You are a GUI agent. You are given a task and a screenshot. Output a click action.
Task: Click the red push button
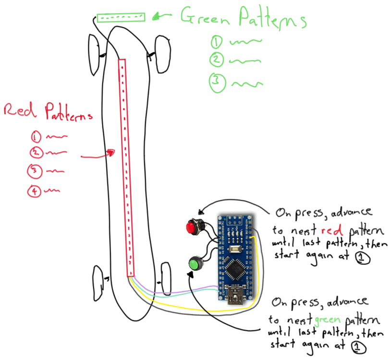click(193, 227)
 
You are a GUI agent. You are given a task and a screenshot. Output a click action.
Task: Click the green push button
click(194, 264)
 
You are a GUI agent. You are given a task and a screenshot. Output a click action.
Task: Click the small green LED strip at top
click(121, 18)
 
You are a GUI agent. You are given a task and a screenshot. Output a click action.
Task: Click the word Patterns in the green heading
click(272, 19)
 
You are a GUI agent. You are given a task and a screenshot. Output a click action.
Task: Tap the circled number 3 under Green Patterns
click(217, 83)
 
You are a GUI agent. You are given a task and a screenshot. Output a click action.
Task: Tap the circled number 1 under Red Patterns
click(36, 137)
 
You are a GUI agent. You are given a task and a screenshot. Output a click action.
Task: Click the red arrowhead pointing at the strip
click(110, 153)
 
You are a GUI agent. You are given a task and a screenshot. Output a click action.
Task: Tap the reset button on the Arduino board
click(236, 249)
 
